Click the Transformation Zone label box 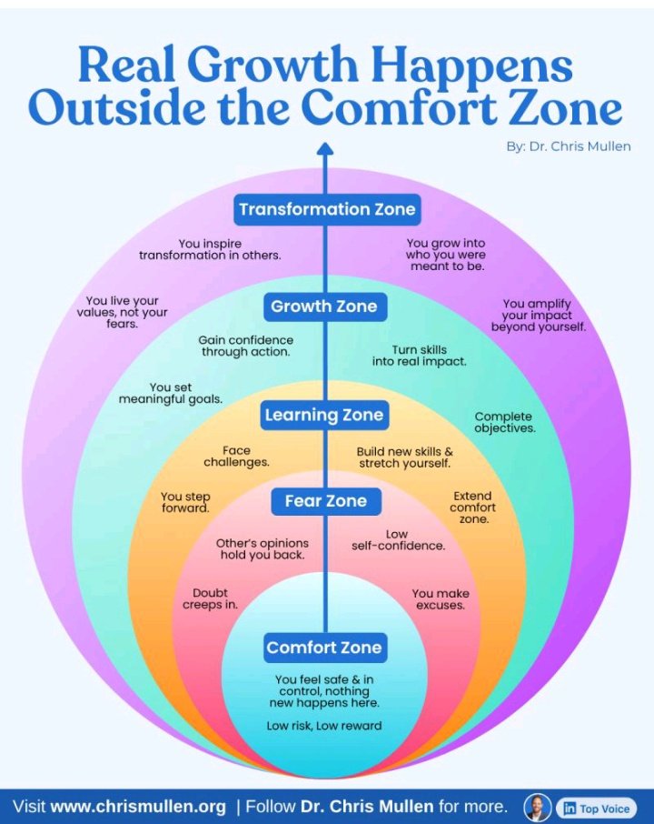326,209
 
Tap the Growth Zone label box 324,306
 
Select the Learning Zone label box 324,415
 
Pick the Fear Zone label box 325,500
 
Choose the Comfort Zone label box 324,648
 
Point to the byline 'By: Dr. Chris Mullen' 569,146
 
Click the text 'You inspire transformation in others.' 210,249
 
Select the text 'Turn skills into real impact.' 420,356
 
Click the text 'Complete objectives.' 504,422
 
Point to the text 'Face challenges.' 236,456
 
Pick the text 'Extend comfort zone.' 472,507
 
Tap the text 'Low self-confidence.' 398,540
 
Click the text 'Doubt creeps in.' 210,599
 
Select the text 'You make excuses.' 441,599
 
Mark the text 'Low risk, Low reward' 324,725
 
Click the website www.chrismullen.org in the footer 138,807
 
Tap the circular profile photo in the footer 538,807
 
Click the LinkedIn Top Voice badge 595,808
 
